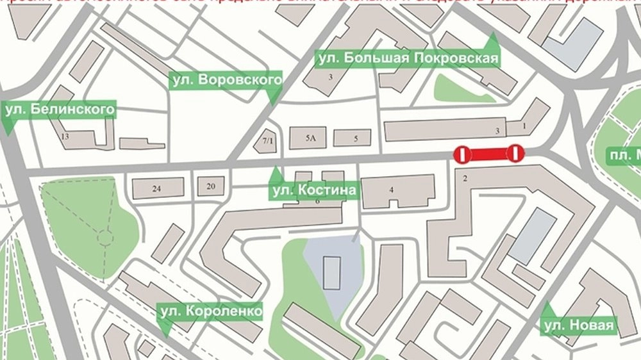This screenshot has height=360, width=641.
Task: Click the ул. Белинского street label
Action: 60,110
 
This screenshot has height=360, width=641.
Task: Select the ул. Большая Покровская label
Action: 408,59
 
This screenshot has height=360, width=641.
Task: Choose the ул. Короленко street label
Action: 210,311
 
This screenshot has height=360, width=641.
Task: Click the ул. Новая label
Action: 579,327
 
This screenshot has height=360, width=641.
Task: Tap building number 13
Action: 64,136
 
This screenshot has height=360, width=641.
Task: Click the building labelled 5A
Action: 311,138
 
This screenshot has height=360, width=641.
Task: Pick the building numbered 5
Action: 356,138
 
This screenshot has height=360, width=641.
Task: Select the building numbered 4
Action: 391,189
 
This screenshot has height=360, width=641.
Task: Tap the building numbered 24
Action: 156,188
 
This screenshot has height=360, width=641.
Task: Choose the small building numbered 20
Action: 210,186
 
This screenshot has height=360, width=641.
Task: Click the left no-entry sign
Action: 462,154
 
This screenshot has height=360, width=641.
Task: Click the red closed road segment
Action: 489,154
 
